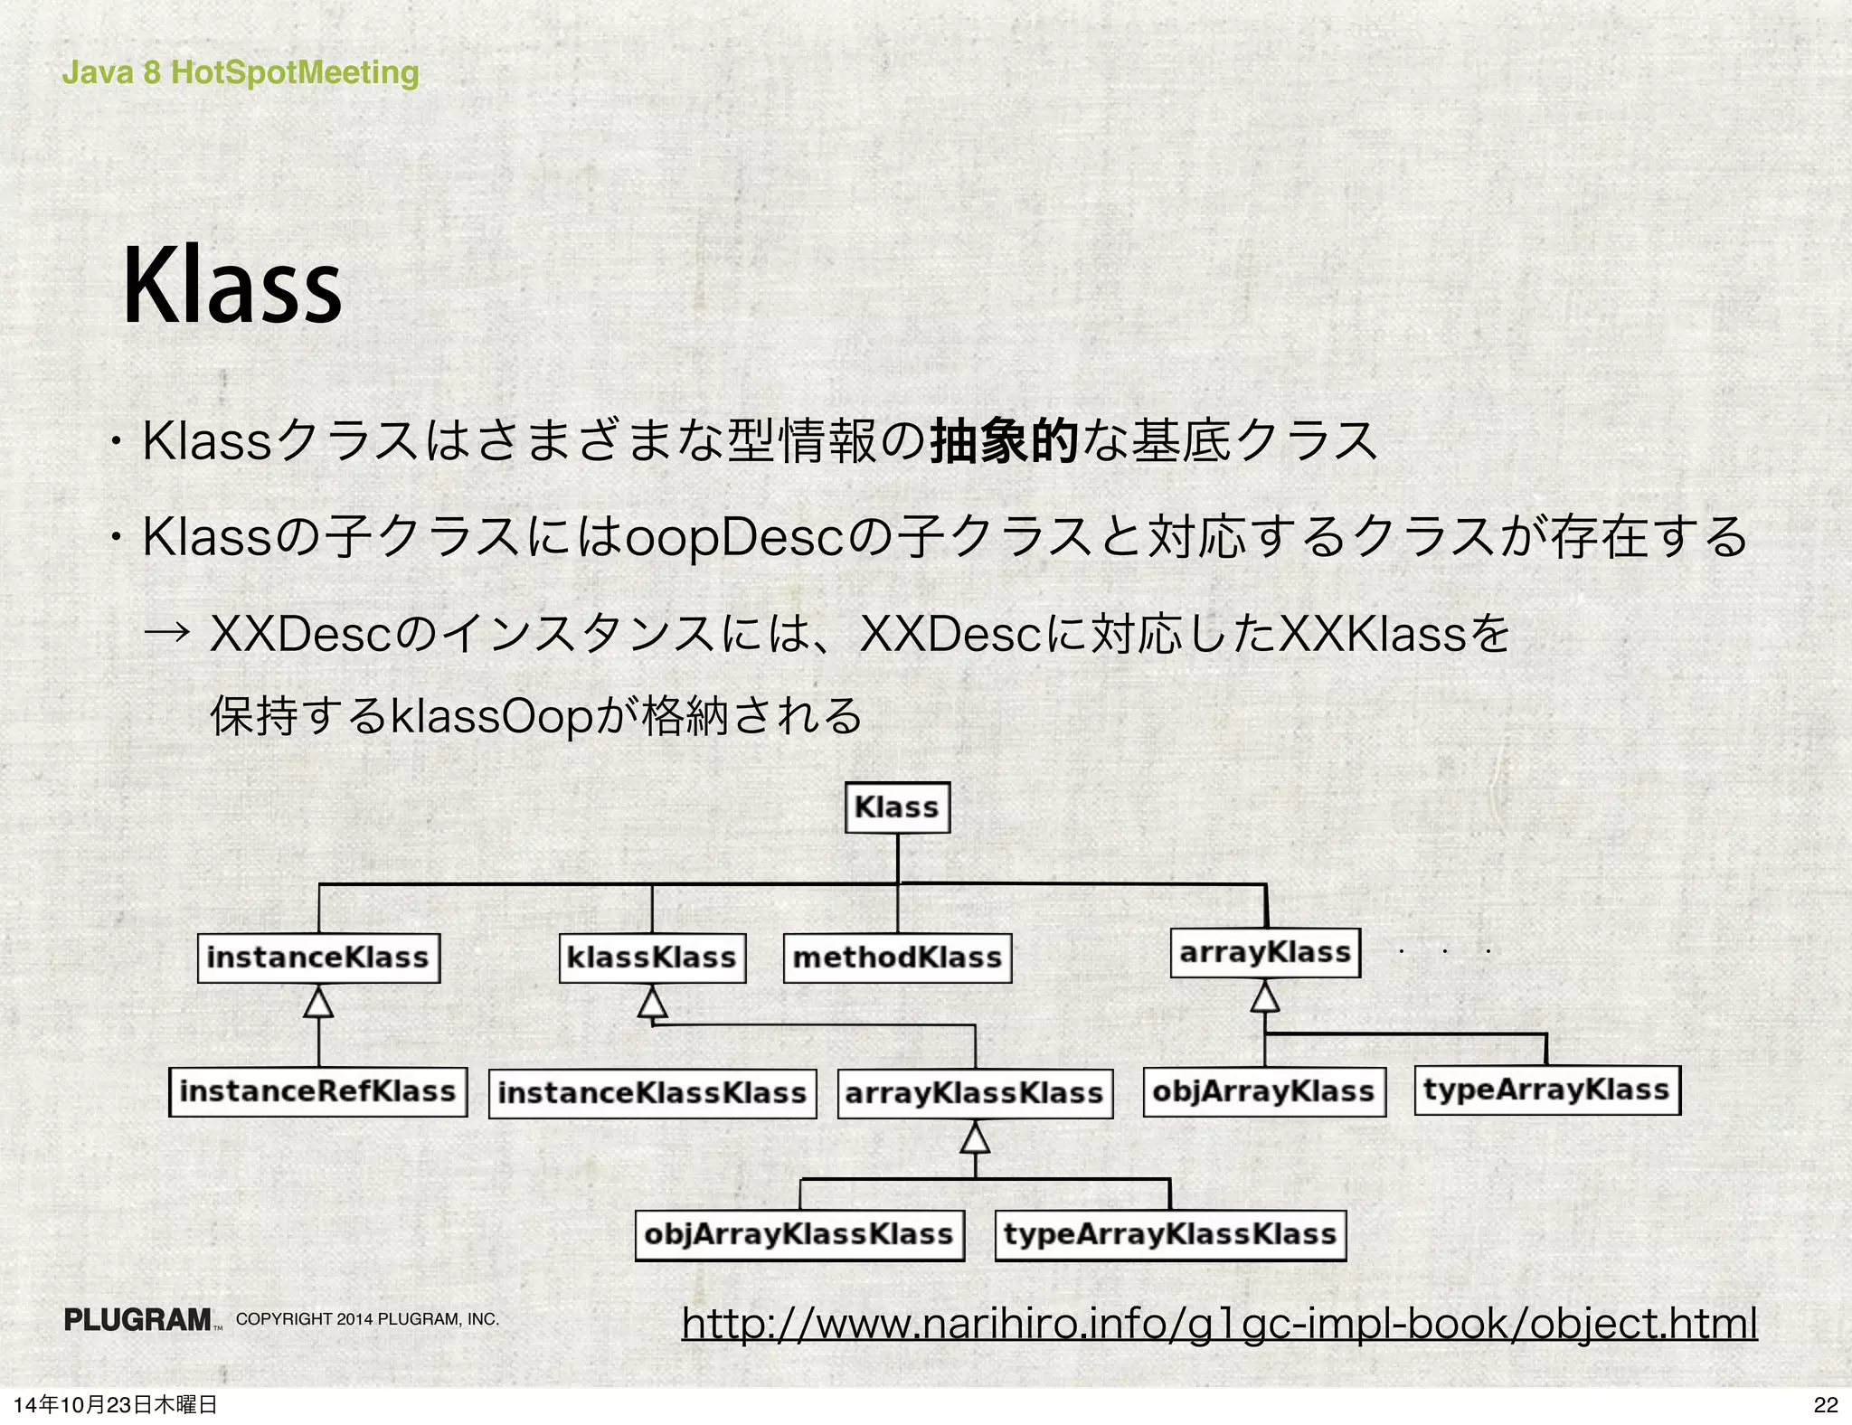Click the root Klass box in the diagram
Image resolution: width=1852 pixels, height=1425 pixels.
click(x=897, y=807)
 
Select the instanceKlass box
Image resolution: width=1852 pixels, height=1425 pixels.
click(x=318, y=958)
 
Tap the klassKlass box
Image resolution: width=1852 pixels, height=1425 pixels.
click(x=652, y=958)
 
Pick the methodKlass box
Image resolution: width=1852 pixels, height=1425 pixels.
click(x=897, y=958)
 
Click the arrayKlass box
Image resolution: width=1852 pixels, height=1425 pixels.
click(x=1265, y=953)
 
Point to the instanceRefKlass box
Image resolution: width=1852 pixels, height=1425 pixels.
click(x=317, y=1091)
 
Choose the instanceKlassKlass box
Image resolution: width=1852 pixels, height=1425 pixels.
click(x=652, y=1093)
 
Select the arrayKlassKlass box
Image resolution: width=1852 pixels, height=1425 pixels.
click(x=975, y=1093)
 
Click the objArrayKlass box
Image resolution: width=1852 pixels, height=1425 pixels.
click(x=1264, y=1091)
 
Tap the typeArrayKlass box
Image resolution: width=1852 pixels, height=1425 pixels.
click(x=1547, y=1090)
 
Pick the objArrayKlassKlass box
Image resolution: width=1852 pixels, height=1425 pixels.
click(x=799, y=1235)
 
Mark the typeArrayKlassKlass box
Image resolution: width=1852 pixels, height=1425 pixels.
click(x=1170, y=1235)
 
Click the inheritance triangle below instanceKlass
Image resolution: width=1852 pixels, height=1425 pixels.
click(x=318, y=1003)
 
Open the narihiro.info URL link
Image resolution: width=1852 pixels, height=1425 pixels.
click(x=1219, y=1322)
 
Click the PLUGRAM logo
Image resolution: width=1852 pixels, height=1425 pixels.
click(x=138, y=1320)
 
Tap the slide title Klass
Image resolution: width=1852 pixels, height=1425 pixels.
click(x=232, y=286)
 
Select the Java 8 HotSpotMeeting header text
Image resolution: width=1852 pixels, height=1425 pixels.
click(x=241, y=72)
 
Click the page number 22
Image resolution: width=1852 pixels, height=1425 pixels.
click(x=1826, y=1404)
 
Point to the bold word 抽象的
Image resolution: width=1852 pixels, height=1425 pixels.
click(x=1004, y=441)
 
